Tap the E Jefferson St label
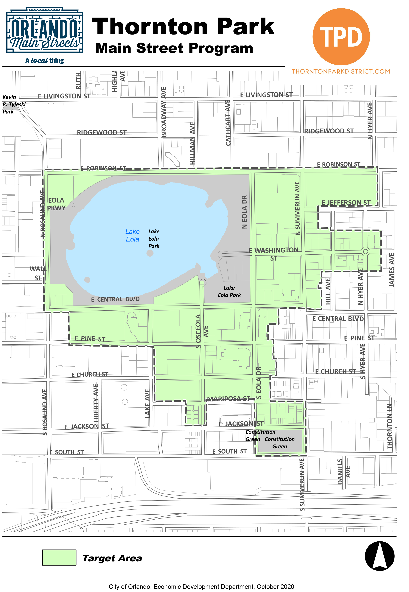[346, 203]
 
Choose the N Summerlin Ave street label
[297, 208]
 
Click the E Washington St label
[274, 254]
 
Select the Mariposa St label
[228, 398]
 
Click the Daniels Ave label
[343, 471]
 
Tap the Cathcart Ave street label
[228, 122]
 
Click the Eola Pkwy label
[56, 204]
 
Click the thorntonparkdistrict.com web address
[341, 71]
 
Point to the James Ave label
[392, 269]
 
